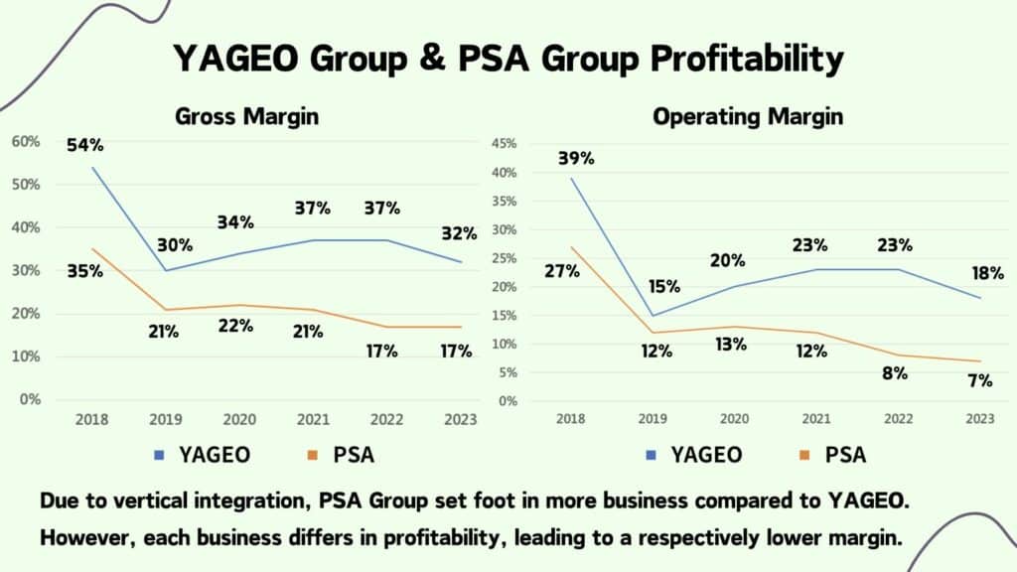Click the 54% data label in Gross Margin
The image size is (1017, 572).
pos(85,146)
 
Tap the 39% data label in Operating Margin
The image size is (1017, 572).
pos(575,158)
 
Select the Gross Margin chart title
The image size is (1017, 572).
pos(247,116)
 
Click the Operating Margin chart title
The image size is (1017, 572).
pos(748,116)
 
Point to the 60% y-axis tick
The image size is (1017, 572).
pos(26,142)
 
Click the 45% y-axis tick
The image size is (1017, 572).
pos(506,144)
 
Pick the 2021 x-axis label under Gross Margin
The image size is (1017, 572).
pos(315,420)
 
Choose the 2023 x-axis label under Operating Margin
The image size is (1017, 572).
pos(980,420)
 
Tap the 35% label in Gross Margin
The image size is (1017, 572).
pos(85,270)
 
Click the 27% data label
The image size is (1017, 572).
pos(563,270)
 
